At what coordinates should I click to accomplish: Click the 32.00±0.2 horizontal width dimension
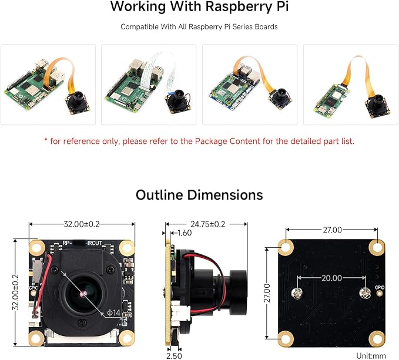pyautogui.click(x=82, y=224)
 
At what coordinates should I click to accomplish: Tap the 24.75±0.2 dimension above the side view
pyautogui.click(x=208, y=224)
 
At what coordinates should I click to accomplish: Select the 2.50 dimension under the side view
pyautogui.click(x=174, y=356)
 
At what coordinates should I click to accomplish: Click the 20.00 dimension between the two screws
pyautogui.click(x=331, y=278)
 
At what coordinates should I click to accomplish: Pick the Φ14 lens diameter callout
pyautogui.click(x=113, y=312)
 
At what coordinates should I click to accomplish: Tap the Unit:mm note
pyautogui.click(x=371, y=356)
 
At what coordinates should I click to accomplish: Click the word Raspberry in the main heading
pyautogui.click(x=239, y=6)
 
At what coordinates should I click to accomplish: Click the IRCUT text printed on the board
pyautogui.click(x=95, y=243)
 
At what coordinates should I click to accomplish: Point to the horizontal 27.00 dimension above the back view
pyautogui.click(x=333, y=230)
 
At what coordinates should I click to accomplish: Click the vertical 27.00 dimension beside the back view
pyautogui.click(x=267, y=293)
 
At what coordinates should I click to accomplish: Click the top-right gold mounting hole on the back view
pyautogui.click(x=377, y=247)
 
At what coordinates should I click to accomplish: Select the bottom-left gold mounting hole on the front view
pyautogui.click(x=37, y=338)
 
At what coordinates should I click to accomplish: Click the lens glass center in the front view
pyautogui.click(x=83, y=294)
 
